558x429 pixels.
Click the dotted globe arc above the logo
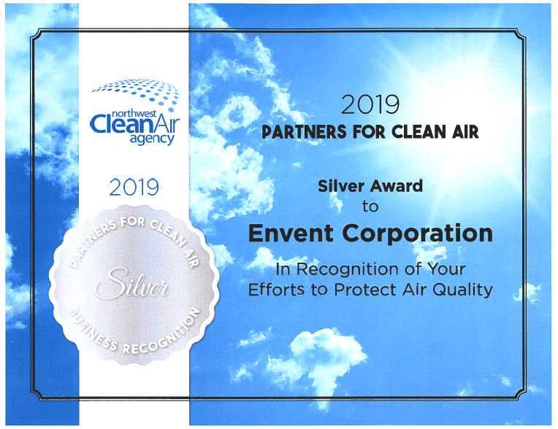(x=136, y=90)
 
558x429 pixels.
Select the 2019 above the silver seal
(x=134, y=188)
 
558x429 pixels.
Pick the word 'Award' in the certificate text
(x=397, y=186)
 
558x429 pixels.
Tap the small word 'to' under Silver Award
(x=370, y=206)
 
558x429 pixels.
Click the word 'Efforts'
(x=273, y=289)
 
